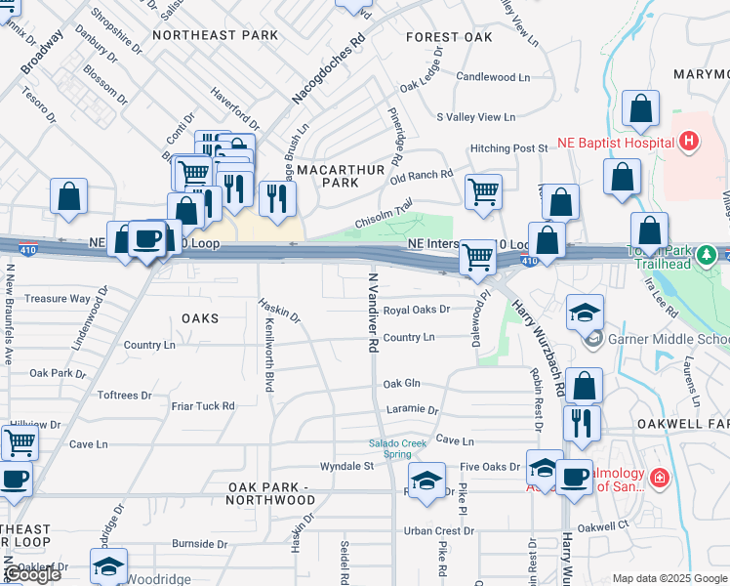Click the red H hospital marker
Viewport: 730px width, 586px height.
689,143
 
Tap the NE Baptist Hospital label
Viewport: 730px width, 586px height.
616,143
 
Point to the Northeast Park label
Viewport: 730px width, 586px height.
216,35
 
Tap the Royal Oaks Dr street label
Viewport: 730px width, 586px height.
416,310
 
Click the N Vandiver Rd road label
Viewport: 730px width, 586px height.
372,313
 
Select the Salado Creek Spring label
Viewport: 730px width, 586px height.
397,448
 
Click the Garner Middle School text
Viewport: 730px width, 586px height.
669,340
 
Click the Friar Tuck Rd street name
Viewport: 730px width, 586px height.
203,405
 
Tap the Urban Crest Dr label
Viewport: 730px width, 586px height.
439,531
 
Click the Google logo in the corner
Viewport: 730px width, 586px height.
31,574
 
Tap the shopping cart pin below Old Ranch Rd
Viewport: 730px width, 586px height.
483,192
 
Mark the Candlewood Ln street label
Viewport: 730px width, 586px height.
492,76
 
